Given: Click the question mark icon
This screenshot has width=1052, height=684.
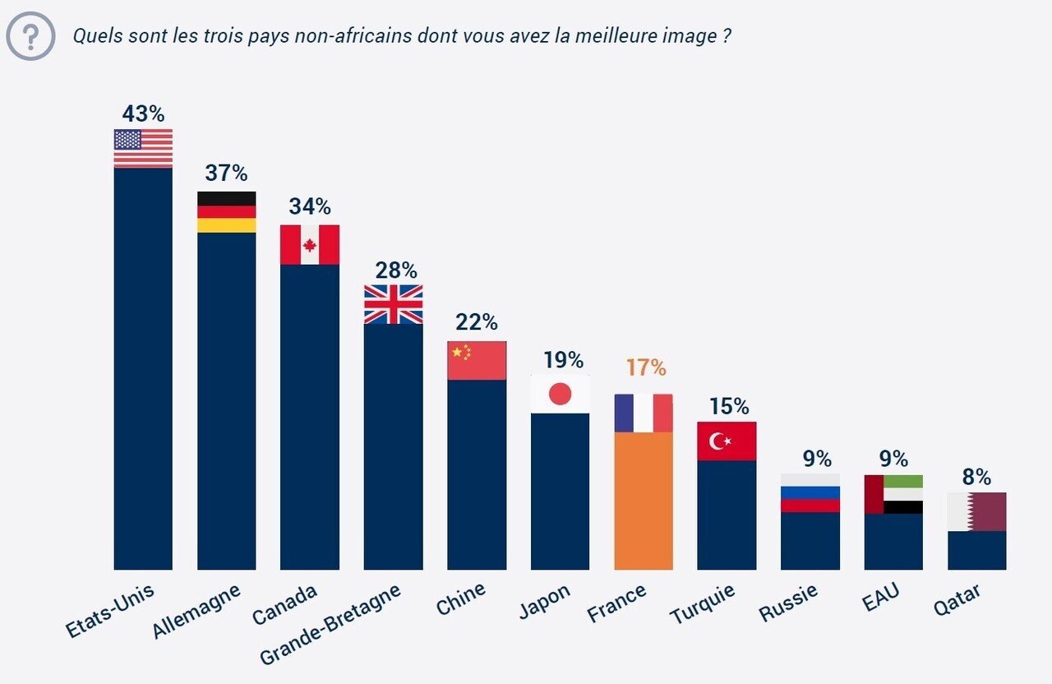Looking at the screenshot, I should (x=30, y=36).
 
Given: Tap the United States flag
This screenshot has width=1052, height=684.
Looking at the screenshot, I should (x=143, y=148).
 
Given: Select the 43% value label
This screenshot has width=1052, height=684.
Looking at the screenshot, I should (x=143, y=113).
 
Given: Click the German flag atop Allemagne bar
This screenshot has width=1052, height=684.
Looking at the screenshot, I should (x=226, y=212).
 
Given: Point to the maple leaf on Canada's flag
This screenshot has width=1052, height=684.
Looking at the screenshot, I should (x=310, y=245).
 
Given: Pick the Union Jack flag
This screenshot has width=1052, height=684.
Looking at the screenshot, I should (x=394, y=304).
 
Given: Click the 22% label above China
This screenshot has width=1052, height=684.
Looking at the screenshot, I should (x=477, y=321).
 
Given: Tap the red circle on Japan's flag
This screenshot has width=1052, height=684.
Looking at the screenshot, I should (x=560, y=395).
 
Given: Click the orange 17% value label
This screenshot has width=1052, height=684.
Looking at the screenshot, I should (x=645, y=367).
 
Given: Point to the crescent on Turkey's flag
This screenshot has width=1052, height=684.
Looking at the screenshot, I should (x=717, y=441).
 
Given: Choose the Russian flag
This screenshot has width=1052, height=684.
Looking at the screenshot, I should (x=810, y=493).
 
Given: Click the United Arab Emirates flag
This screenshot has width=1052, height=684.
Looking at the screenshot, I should (x=893, y=494).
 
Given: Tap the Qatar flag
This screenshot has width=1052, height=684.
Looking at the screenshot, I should (x=977, y=511).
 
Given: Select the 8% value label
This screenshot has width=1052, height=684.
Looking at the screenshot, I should (x=977, y=478).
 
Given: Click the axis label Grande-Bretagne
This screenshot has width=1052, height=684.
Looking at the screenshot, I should (x=330, y=625).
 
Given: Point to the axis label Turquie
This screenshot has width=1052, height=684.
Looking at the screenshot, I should (x=703, y=603).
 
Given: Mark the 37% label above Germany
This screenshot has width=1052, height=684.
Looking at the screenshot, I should (x=226, y=173).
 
